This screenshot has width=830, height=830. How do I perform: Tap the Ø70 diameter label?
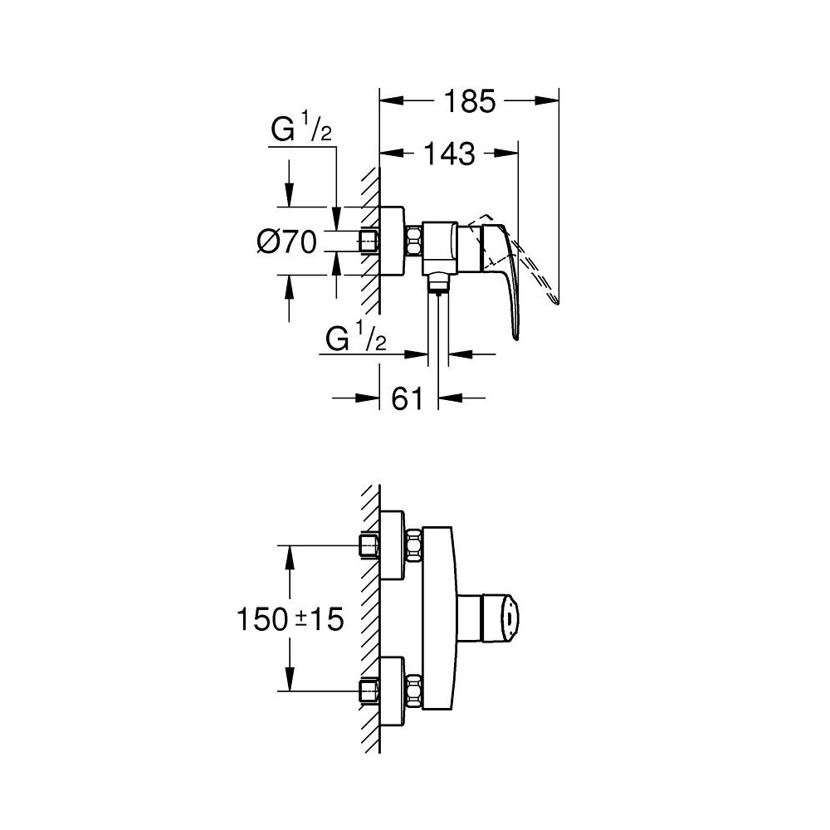point(286,242)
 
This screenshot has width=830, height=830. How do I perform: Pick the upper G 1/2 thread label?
point(302,132)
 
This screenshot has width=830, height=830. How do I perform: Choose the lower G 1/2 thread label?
point(356,339)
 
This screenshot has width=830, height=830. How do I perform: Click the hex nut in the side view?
point(413,242)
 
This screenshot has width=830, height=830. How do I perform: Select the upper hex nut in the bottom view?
point(413,546)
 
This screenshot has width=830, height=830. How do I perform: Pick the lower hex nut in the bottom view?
point(413,690)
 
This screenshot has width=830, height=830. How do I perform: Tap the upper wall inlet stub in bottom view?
point(369,546)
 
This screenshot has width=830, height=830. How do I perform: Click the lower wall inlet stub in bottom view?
point(369,690)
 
